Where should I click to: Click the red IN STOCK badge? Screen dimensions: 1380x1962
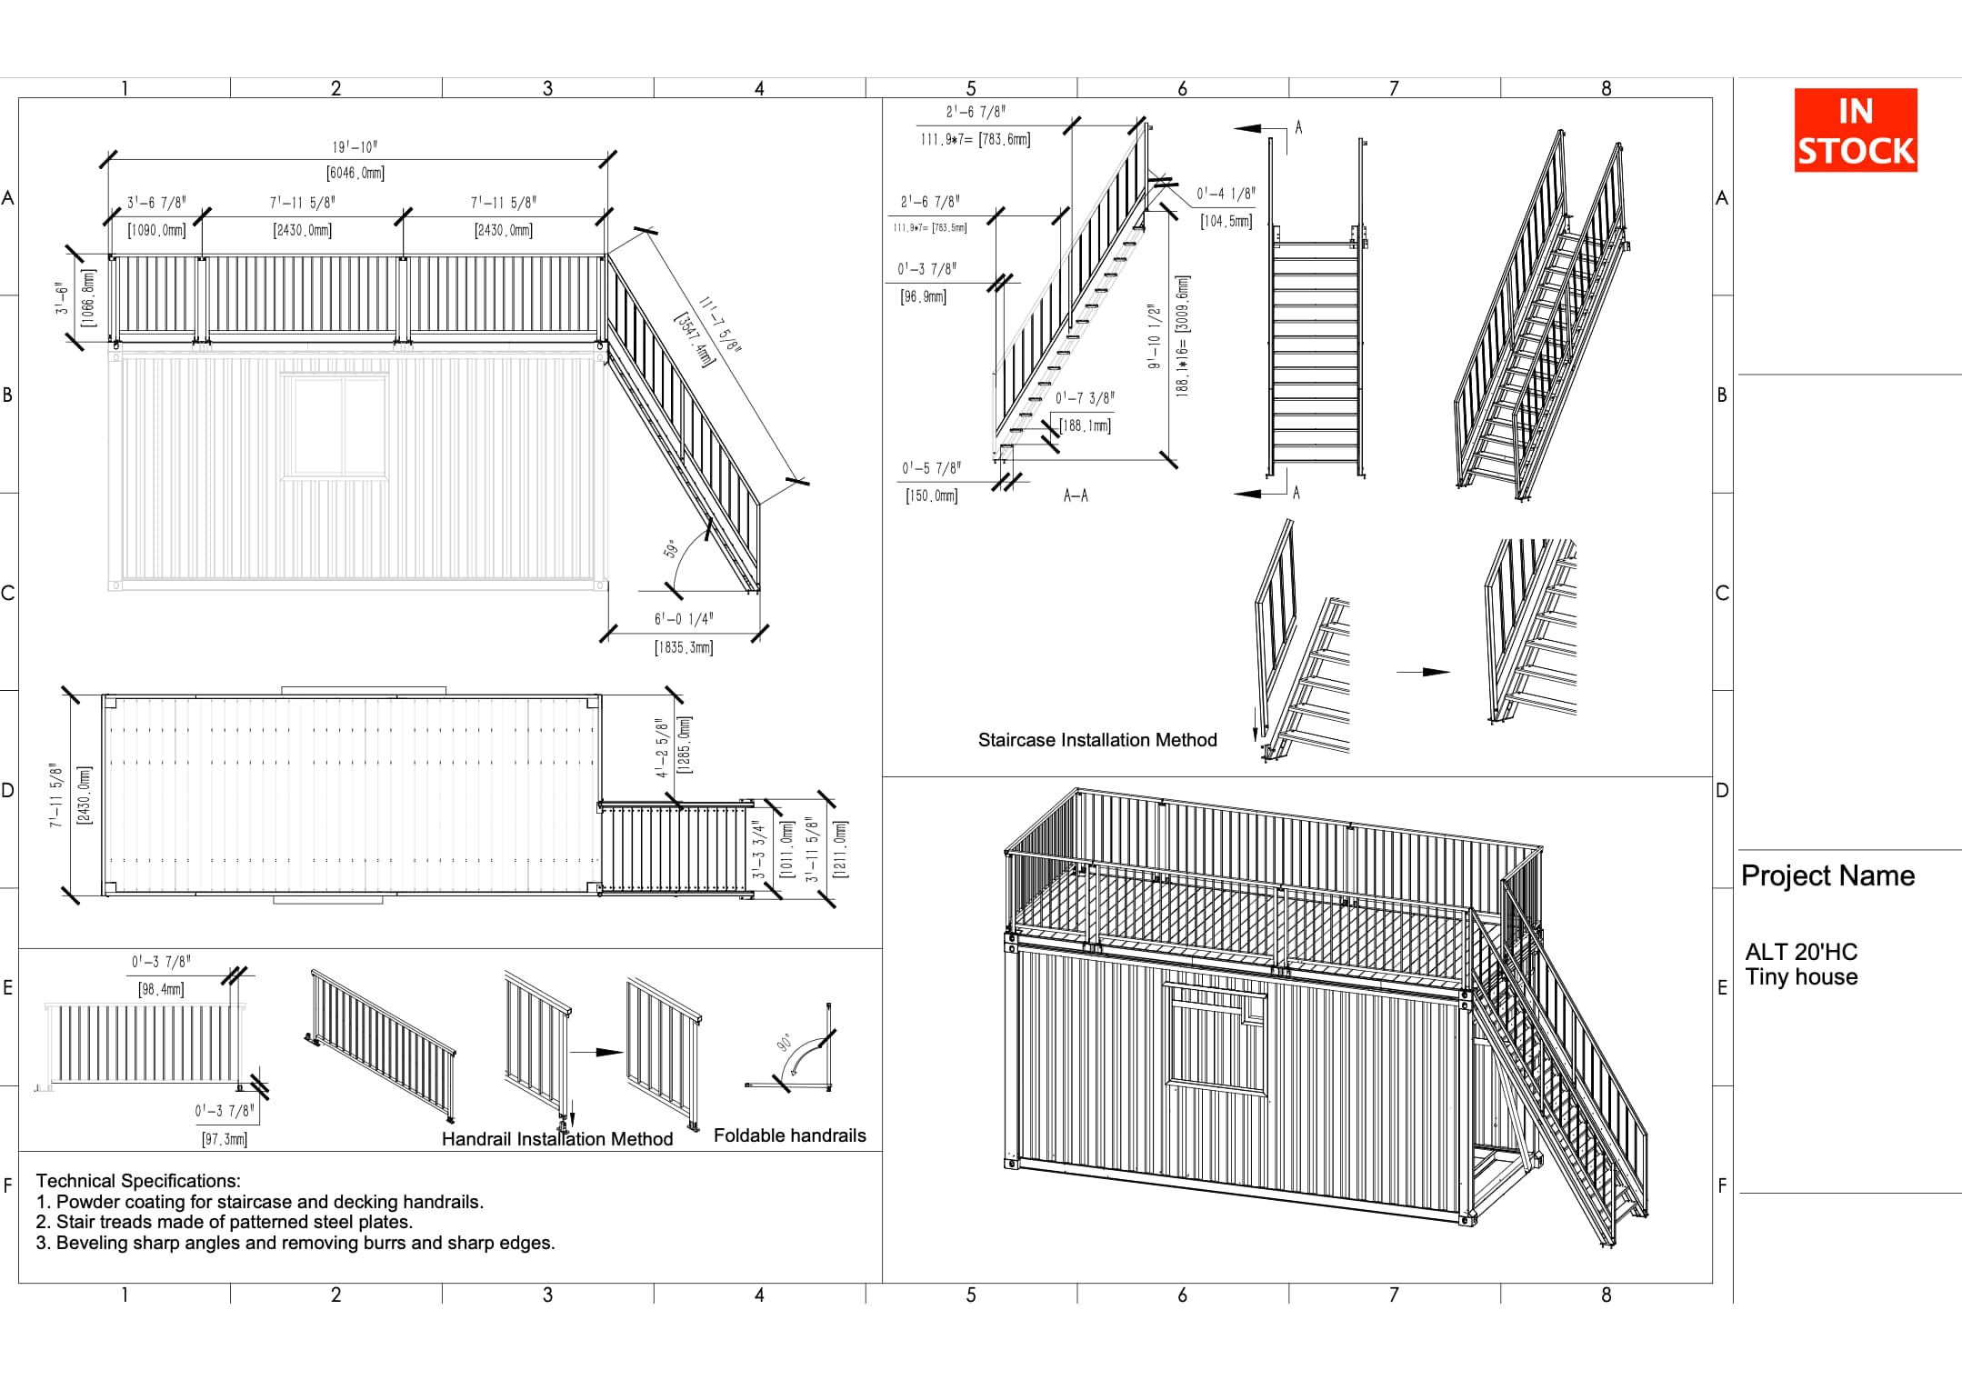coord(1855,130)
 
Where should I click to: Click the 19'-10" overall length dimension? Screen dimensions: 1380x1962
coord(355,147)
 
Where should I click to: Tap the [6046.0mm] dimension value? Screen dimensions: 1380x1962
coord(355,173)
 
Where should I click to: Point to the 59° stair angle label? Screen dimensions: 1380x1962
coord(671,549)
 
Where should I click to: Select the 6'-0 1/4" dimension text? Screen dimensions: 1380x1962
coord(684,619)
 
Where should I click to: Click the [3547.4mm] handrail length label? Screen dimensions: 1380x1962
coord(695,339)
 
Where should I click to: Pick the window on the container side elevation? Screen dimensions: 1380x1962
coord(335,425)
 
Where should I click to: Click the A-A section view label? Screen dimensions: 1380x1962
coord(1076,495)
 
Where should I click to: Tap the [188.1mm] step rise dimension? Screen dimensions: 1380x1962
coord(1085,425)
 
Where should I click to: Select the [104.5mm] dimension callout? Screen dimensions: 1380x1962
coord(1226,221)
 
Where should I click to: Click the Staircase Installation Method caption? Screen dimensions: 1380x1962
coord(1096,740)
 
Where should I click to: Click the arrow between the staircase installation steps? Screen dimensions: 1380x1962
coord(1423,672)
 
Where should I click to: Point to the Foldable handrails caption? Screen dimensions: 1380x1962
coord(789,1135)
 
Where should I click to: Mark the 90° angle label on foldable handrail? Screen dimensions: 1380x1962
coord(784,1043)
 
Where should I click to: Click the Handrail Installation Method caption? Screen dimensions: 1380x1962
coord(556,1139)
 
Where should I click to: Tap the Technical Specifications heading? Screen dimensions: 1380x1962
coord(138,1181)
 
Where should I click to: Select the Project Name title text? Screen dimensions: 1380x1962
coord(1827,875)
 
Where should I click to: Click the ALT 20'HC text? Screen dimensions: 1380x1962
coord(1801,952)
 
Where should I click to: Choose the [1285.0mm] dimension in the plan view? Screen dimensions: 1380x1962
coord(685,745)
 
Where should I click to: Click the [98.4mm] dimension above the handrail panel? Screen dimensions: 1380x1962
coord(161,989)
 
